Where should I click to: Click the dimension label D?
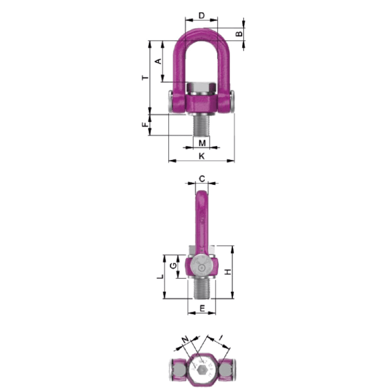point(202,16)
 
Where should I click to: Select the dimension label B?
point(239,34)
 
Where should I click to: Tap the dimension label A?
point(158,61)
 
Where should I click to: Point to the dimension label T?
point(145,77)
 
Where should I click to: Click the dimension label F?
point(145,125)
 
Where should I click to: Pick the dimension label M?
point(202,143)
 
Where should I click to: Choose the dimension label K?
point(202,156)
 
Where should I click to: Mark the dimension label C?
point(202,178)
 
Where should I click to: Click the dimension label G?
point(173,266)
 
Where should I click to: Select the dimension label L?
point(159,277)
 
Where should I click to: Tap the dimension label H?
point(228,272)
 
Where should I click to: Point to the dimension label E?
point(202,308)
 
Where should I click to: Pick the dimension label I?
point(221,337)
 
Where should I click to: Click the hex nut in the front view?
point(202,89)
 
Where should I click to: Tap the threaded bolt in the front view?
point(202,124)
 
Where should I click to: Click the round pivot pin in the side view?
point(202,267)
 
